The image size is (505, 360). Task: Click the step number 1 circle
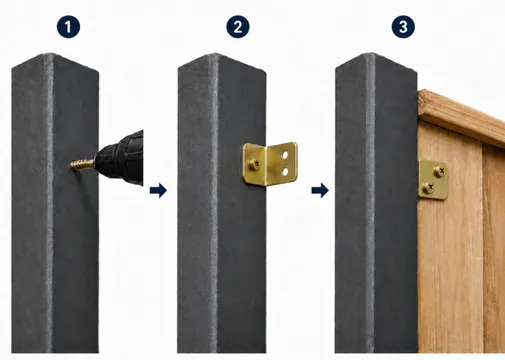68,27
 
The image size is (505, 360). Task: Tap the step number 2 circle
238,27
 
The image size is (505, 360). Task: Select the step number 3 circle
403,27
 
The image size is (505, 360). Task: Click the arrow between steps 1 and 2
158,190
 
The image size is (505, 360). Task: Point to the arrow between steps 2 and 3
320,190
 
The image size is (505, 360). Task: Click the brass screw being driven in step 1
82,164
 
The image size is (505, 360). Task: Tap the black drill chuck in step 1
120,158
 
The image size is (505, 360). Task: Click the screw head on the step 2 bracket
255,164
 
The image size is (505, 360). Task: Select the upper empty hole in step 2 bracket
285,155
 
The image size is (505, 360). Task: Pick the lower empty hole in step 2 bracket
285,172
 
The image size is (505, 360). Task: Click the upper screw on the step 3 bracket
440,171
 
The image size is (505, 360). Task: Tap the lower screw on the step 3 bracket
428,188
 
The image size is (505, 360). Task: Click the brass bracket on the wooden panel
433,180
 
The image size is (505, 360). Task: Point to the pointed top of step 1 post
49,53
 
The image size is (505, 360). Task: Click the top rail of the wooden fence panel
462,117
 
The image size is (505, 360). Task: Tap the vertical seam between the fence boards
482,247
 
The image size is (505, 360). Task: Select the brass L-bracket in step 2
269,163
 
